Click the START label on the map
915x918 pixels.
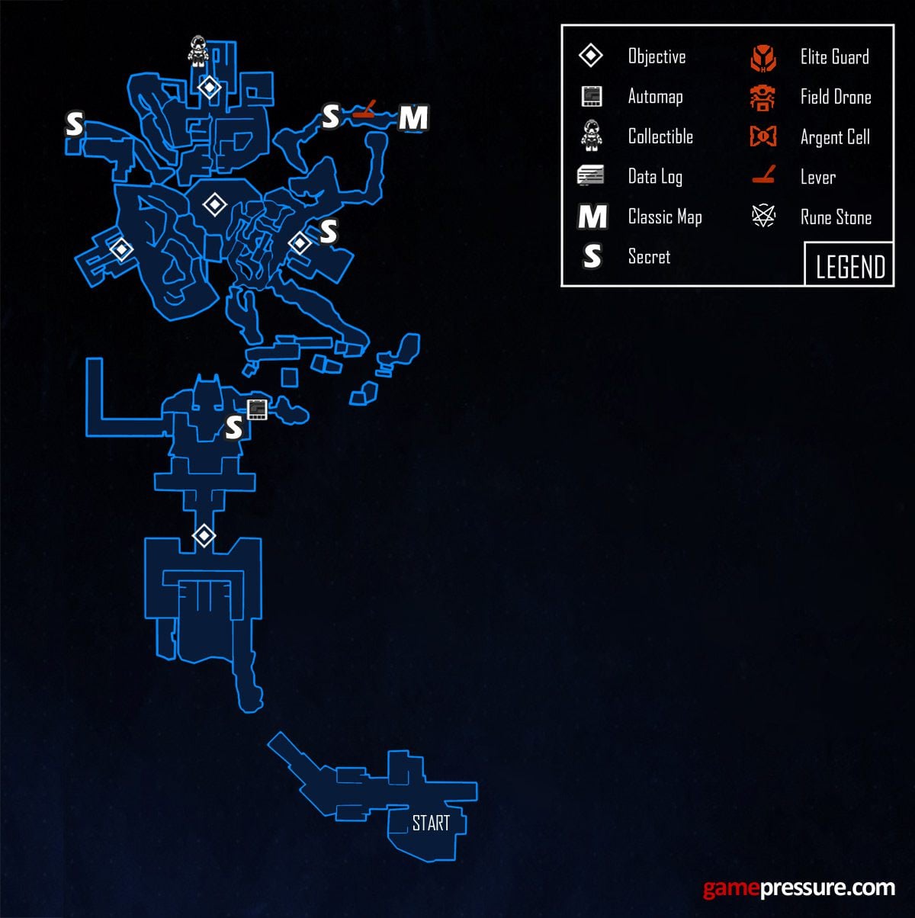point(431,823)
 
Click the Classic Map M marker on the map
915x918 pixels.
point(413,118)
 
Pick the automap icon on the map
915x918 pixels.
point(257,409)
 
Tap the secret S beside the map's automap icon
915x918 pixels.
point(234,429)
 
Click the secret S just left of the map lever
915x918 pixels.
point(330,117)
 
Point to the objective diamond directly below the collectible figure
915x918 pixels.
point(209,88)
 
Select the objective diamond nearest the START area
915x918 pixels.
point(204,536)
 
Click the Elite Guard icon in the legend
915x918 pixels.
point(763,58)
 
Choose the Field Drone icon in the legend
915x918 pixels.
point(762,98)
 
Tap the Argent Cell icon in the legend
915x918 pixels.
point(763,137)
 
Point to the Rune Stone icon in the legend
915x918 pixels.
point(763,217)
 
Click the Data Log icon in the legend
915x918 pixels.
point(591,176)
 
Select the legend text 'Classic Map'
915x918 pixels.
point(664,217)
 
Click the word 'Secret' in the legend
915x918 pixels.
point(649,257)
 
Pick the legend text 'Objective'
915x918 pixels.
point(657,57)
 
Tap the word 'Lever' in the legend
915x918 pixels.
point(817,178)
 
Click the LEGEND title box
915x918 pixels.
point(849,266)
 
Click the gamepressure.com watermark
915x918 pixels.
point(798,888)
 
